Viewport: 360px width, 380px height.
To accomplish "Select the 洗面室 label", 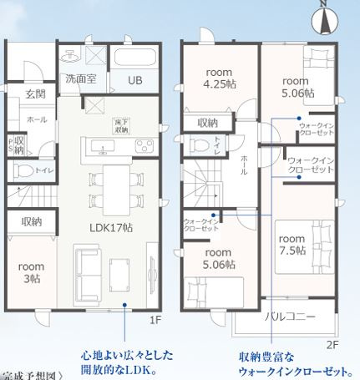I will tap(80, 79).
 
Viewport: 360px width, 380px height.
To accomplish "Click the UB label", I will tap(134, 80).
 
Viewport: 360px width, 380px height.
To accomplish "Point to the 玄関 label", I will tap(34, 94).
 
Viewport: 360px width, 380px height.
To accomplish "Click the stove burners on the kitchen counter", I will tap(142, 147).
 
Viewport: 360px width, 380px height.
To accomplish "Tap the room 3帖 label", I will tap(29, 273).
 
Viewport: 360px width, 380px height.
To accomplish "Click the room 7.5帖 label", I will tap(291, 242).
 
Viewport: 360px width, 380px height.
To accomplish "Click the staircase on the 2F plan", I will tap(205, 186).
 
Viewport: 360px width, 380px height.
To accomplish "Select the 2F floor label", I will tap(332, 342).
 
